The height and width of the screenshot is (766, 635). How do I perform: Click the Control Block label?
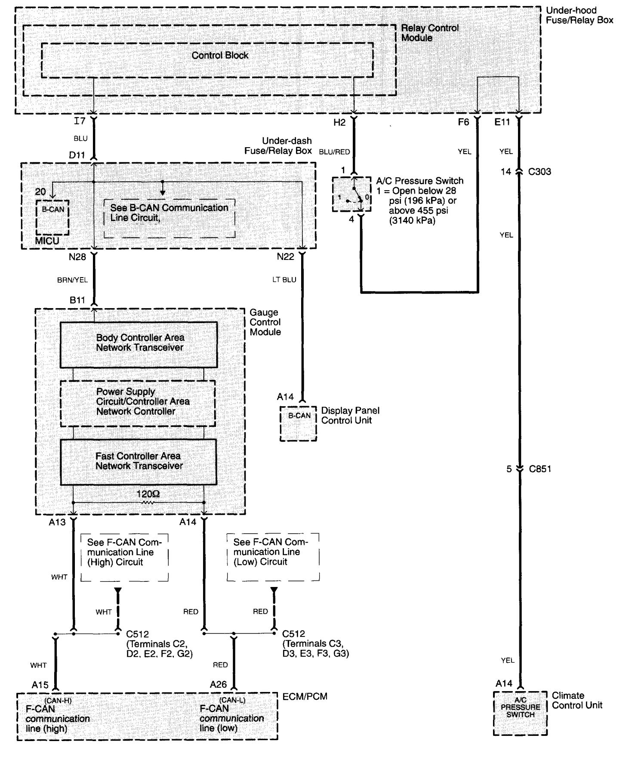pos(220,56)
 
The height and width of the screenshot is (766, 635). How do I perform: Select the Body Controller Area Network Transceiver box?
pos(139,344)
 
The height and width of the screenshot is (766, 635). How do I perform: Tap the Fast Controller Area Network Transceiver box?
pos(139,462)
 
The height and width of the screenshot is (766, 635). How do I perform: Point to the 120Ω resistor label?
pos(148,494)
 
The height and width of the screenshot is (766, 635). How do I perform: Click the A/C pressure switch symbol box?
pos(351,195)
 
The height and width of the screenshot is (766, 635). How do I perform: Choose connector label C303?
pos(539,172)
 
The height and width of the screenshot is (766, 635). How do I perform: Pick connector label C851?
pos(540,469)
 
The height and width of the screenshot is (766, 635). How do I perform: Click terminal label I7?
pos(80,121)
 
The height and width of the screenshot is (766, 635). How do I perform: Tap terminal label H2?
pos(339,123)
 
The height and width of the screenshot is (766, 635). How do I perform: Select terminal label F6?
pos(463,122)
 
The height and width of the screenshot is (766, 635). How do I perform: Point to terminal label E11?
pos(502,122)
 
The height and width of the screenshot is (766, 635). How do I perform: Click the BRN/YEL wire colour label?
pos(72,280)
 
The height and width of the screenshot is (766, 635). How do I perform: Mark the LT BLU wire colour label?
pos(284,280)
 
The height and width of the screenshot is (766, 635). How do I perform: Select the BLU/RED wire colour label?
pos(334,152)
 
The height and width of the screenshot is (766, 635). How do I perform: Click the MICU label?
pos(47,241)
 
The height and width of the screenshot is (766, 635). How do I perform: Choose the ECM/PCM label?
pos(305,696)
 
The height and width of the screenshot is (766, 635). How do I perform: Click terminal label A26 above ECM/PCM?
pos(218,684)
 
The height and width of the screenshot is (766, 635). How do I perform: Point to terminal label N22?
pos(285,257)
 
